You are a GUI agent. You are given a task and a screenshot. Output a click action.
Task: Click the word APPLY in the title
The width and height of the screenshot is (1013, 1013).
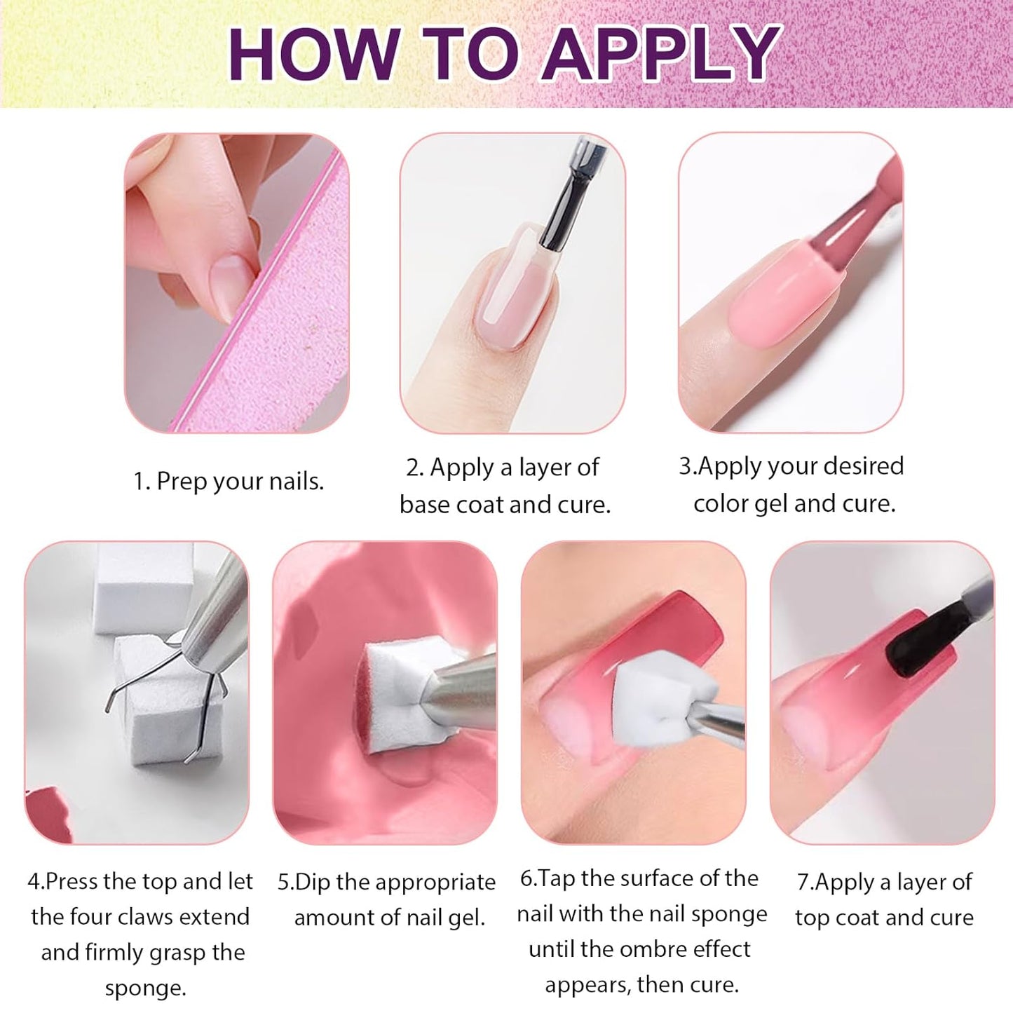coord(661,54)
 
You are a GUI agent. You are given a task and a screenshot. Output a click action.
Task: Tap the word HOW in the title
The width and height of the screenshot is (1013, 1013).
coord(313,54)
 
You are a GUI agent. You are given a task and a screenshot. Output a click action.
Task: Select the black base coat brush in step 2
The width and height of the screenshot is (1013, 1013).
coord(568,203)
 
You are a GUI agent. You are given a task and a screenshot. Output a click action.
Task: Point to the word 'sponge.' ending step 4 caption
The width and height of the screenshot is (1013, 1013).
coord(146,988)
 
